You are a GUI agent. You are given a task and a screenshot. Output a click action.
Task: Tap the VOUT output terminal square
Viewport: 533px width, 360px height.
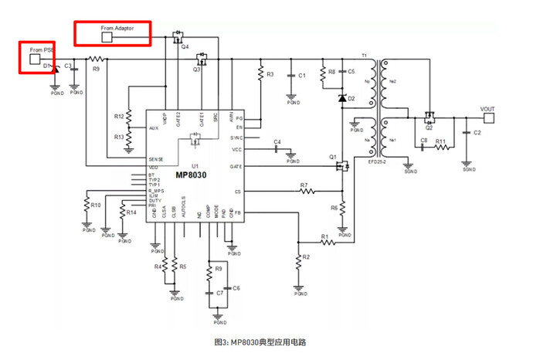[x=488, y=117]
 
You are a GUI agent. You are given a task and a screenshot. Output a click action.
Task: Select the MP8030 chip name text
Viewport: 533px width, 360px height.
[x=191, y=175]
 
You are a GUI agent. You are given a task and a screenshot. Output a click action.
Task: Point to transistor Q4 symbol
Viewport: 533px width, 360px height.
[x=178, y=36]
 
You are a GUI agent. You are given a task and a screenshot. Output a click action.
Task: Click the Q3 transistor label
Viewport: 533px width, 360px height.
[x=197, y=70]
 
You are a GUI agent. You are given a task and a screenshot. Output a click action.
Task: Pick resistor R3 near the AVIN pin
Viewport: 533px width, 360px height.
[x=260, y=75]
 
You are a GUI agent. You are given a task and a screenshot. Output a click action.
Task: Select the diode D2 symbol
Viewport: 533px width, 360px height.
[x=341, y=99]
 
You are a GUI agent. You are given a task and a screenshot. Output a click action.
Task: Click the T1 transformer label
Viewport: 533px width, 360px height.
[x=363, y=56]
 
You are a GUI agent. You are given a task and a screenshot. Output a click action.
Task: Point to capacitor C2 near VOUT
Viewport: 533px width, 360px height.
[x=467, y=133]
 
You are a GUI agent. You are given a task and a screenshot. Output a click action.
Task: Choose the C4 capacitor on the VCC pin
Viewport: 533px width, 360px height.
[x=277, y=149]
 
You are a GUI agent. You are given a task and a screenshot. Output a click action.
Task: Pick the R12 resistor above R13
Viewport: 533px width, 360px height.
[x=128, y=116]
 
